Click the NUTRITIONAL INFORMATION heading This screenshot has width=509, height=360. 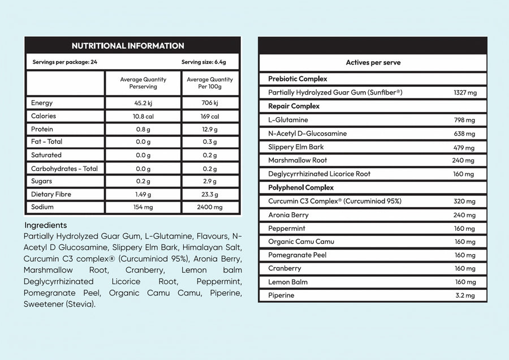tap(128, 46)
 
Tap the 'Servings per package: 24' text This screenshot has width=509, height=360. tap(61, 62)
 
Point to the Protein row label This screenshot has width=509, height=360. tap(43, 129)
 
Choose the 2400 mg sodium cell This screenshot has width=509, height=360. tap(209, 207)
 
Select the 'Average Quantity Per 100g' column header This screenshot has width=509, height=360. tap(210, 83)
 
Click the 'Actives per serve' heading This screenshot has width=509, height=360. tap(373, 63)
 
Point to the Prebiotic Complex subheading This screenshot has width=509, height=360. tap(297, 79)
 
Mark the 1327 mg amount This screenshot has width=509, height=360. tap(465, 92)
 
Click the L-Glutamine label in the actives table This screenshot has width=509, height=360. tap(288, 120)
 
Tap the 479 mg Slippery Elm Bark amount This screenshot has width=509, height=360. tap(464, 147)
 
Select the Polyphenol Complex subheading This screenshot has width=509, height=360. tap(301, 187)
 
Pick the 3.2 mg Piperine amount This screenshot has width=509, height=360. tap(464, 295)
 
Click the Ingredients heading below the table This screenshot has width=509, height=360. tap(46, 225)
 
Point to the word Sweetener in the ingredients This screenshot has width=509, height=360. tap(44, 304)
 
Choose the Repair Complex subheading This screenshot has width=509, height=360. tap(294, 106)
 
